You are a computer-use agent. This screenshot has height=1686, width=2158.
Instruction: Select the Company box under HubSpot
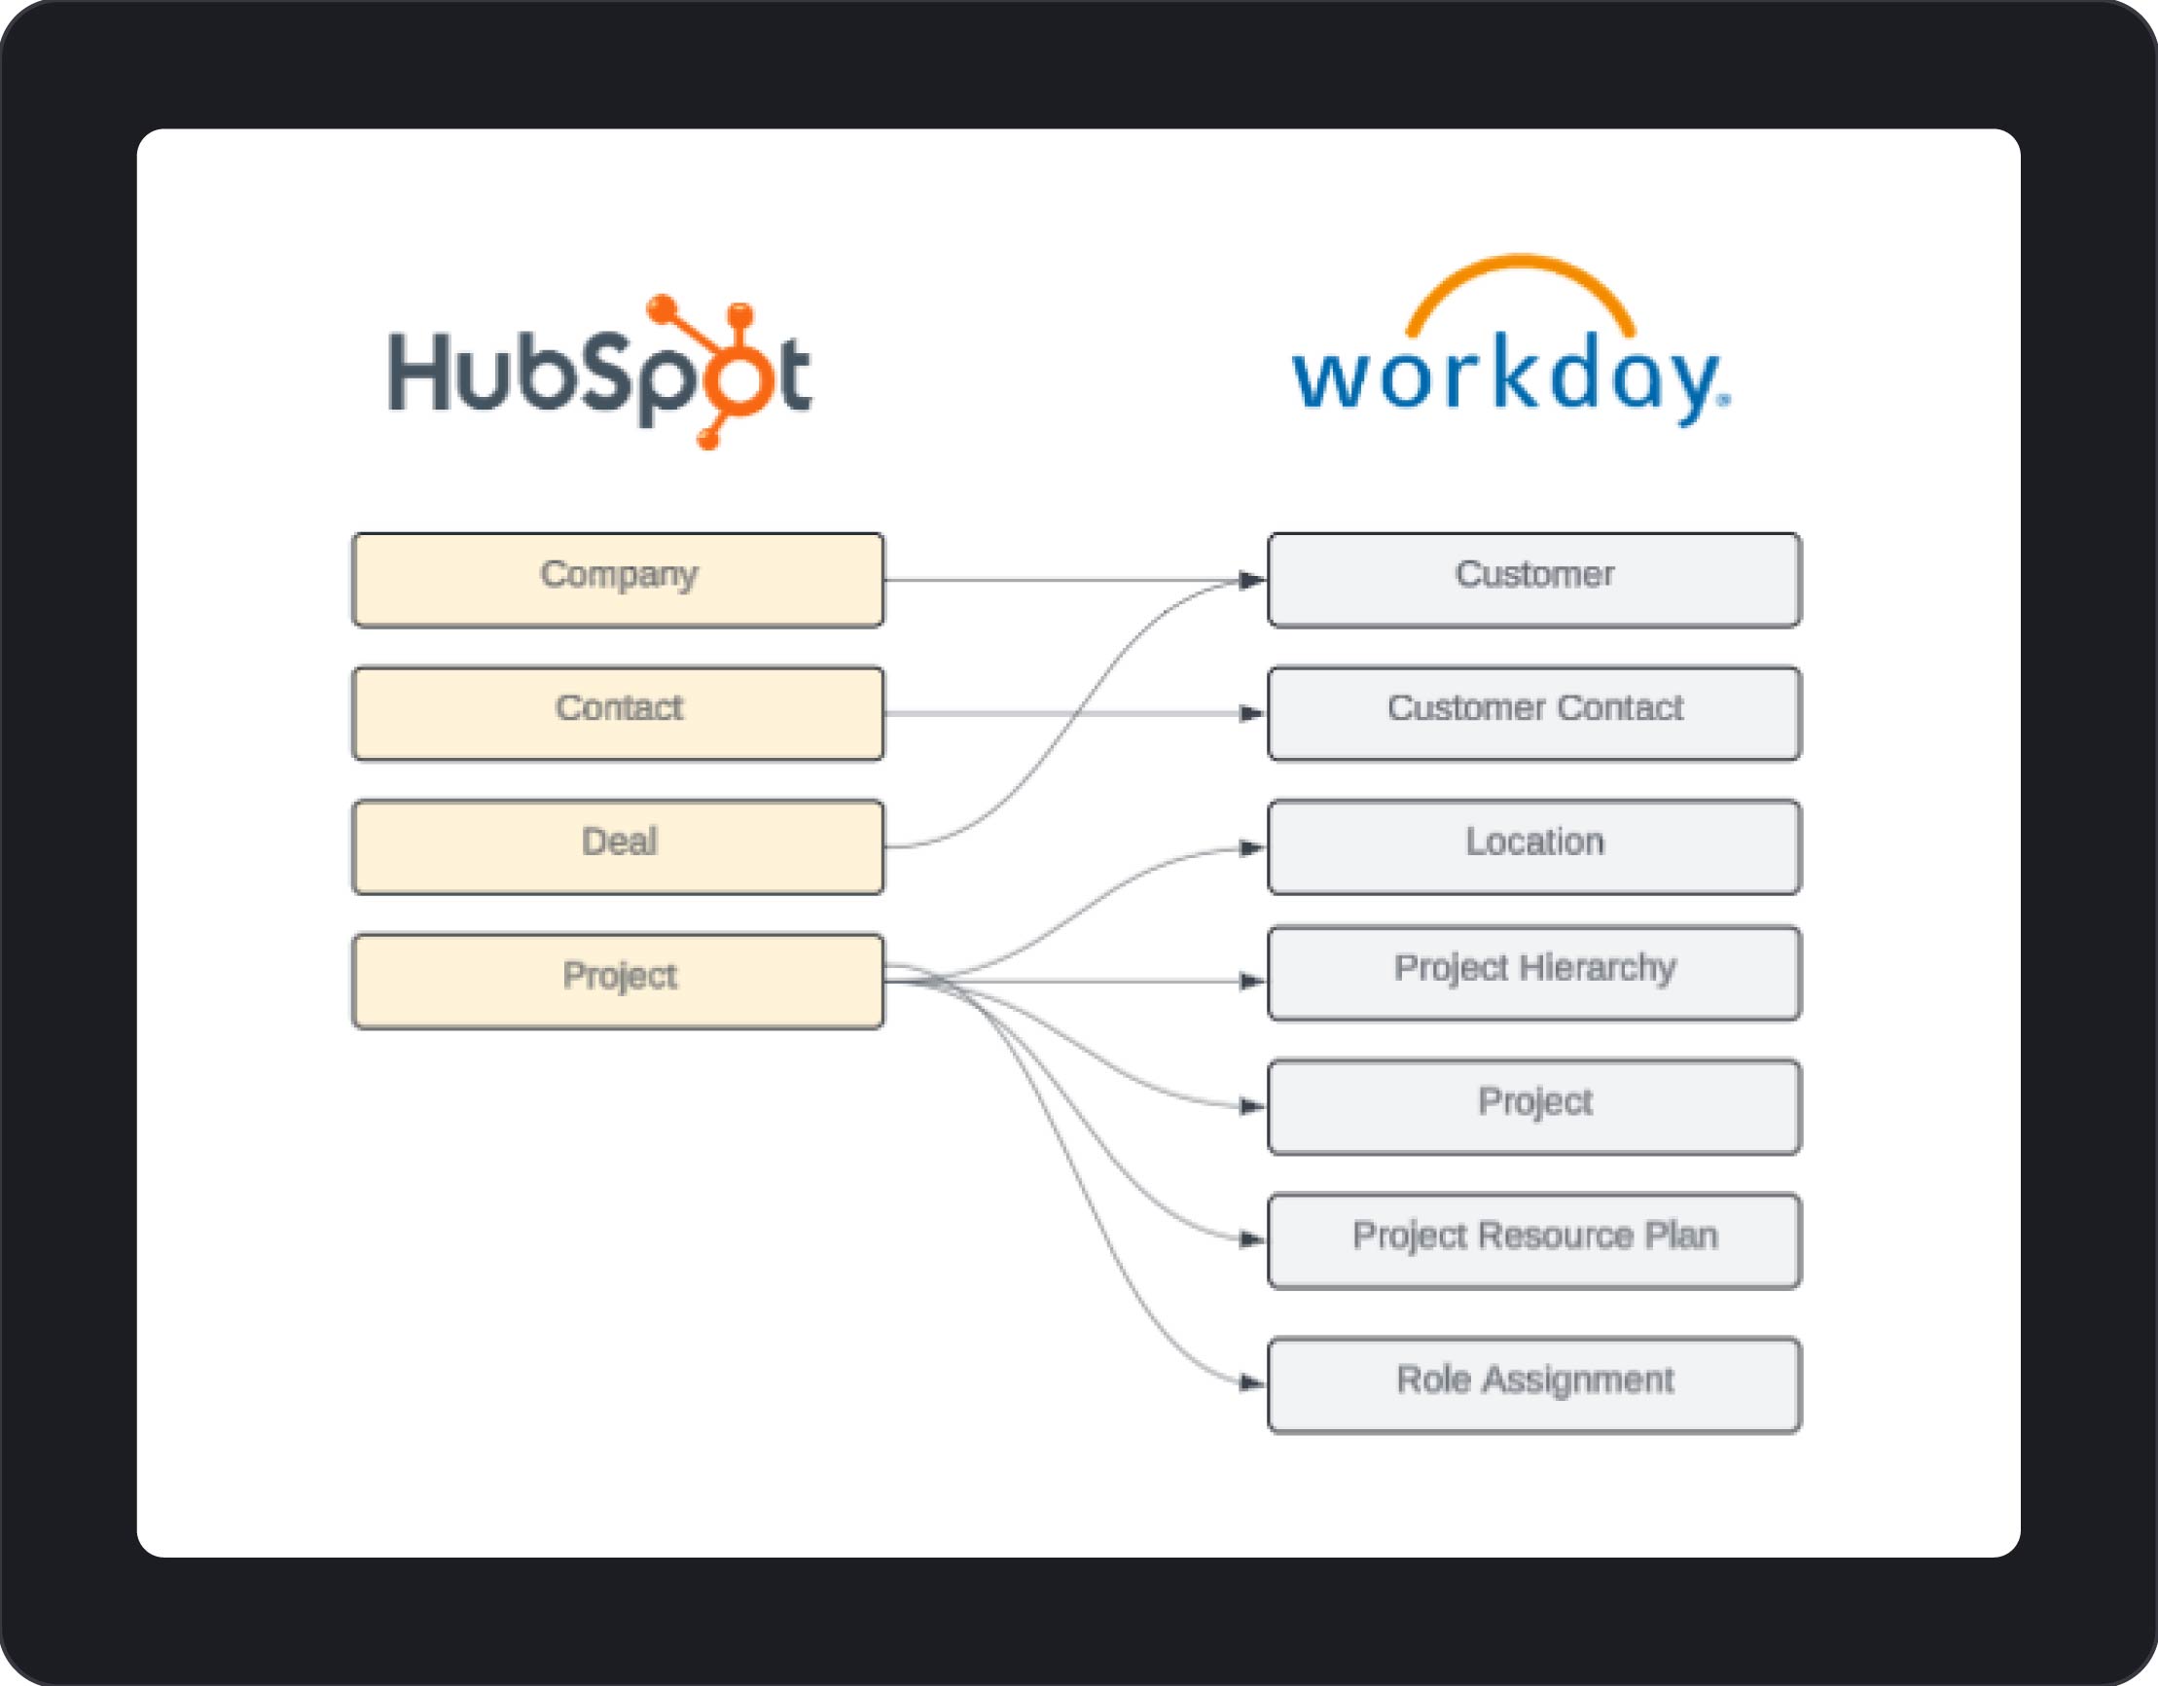619,580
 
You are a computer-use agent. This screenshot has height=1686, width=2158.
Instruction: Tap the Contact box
619,713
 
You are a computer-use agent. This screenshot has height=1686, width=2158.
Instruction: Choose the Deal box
619,847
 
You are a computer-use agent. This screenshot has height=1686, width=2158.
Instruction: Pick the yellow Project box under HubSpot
619,982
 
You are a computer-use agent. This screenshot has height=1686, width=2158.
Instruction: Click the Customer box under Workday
1534,580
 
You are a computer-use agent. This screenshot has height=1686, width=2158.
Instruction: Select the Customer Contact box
1534,713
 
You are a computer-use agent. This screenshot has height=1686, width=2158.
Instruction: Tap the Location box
1534,847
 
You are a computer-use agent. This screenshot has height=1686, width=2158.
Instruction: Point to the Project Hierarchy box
1534,974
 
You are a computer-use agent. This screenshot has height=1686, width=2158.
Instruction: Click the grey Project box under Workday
1534,1107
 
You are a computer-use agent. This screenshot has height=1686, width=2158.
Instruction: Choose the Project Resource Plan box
1534,1241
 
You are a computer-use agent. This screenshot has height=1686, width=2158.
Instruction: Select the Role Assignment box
1534,1384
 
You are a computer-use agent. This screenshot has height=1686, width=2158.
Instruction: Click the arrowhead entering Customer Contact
1253,713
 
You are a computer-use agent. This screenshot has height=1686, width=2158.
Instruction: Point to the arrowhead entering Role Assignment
1253,1382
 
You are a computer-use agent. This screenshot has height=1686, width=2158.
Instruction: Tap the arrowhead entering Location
1253,848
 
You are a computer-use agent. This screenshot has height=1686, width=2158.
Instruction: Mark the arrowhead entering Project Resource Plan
1253,1239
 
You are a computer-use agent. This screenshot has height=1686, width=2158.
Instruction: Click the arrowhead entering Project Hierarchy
1253,982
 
